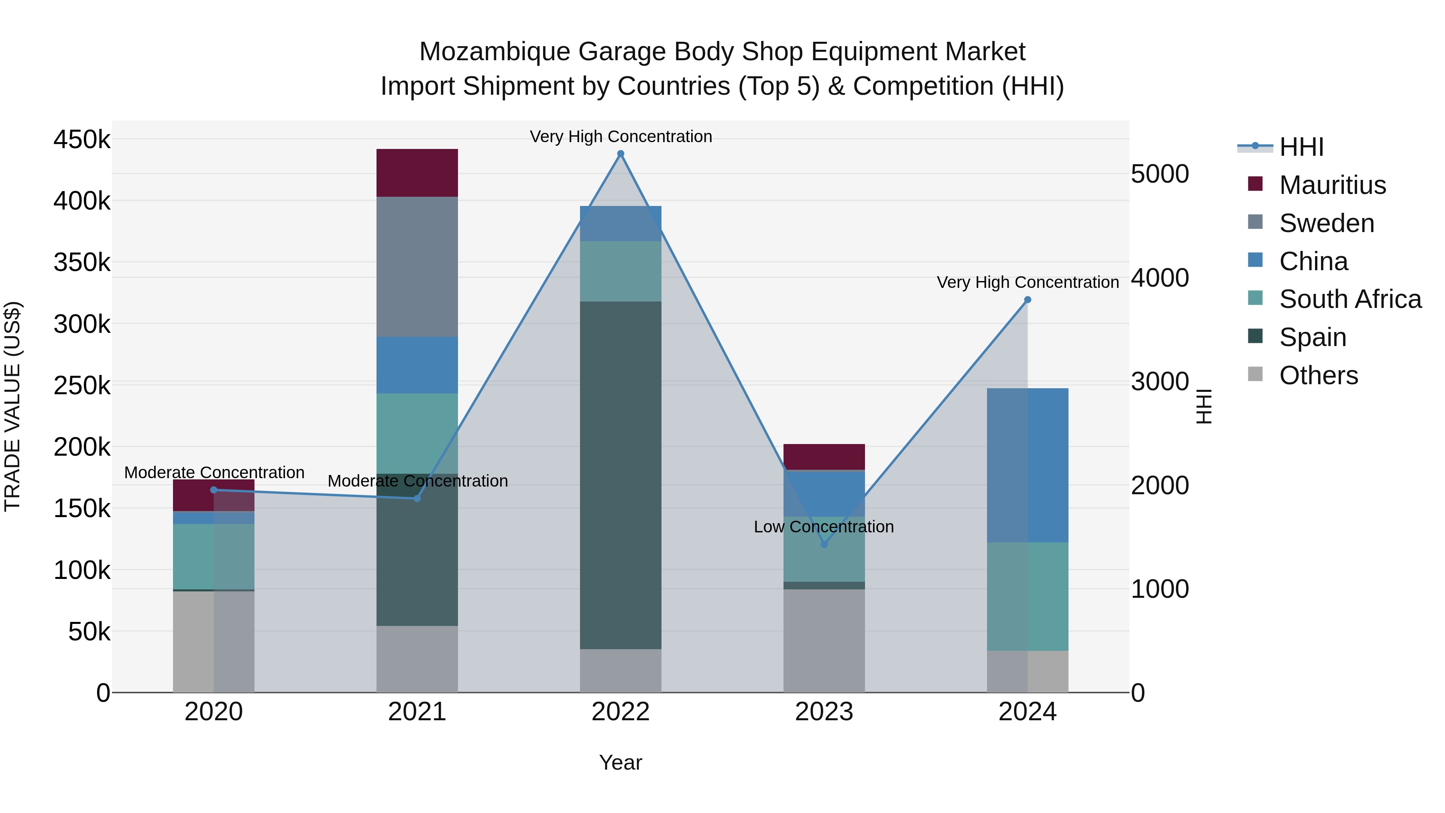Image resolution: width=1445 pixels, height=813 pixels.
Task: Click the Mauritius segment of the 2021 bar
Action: pyautogui.click(x=417, y=173)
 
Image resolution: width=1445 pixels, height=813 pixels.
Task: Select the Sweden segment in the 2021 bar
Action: pyautogui.click(x=417, y=267)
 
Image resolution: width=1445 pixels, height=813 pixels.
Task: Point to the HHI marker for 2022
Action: pyautogui.click(x=621, y=154)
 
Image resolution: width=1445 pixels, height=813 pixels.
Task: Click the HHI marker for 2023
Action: pyautogui.click(x=824, y=544)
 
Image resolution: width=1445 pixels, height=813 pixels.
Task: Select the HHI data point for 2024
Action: pyautogui.click(x=1028, y=300)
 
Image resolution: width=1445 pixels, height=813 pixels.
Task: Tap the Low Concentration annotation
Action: pyautogui.click(x=824, y=526)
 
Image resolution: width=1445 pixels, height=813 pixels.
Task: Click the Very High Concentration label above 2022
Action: pyautogui.click(x=621, y=137)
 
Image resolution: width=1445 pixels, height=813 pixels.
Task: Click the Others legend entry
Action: pyautogui.click(x=1318, y=375)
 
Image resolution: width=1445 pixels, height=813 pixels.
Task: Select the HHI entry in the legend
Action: pyautogui.click(x=1301, y=147)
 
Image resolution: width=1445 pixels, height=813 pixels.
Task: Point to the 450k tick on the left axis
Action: pyautogui.click(x=82, y=139)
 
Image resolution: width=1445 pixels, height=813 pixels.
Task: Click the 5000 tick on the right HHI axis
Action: pyautogui.click(x=1160, y=174)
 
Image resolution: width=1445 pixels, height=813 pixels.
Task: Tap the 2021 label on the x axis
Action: pyautogui.click(x=417, y=712)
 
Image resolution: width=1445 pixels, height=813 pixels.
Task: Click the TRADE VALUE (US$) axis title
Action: pyautogui.click(x=12, y=406)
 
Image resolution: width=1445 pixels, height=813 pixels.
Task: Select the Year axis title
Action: pyautogui.click(x=621, y=762)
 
